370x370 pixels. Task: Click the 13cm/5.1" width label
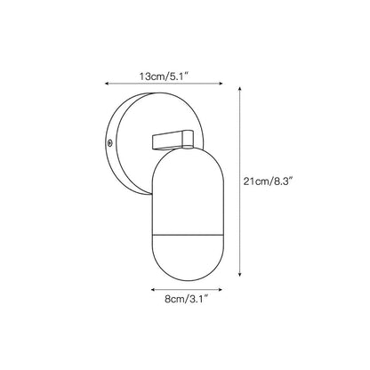click(x=165, y=76)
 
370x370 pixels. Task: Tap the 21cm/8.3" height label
click(x=269, y=181)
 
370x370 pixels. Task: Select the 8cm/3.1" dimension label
click(x=185, y=299)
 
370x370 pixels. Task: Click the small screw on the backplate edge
click(x=110, y=143)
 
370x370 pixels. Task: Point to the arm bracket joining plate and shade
click(x=173, y=139)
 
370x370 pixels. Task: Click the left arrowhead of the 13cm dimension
click(x=107, y=84)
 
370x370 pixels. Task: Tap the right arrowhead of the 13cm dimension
click(x=221, y=84)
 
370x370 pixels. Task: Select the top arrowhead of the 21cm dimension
click(x=240, y=89)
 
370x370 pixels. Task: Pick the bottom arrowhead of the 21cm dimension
click(x=240, y=275)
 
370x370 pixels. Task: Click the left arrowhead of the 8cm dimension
click(x=153, y=289)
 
